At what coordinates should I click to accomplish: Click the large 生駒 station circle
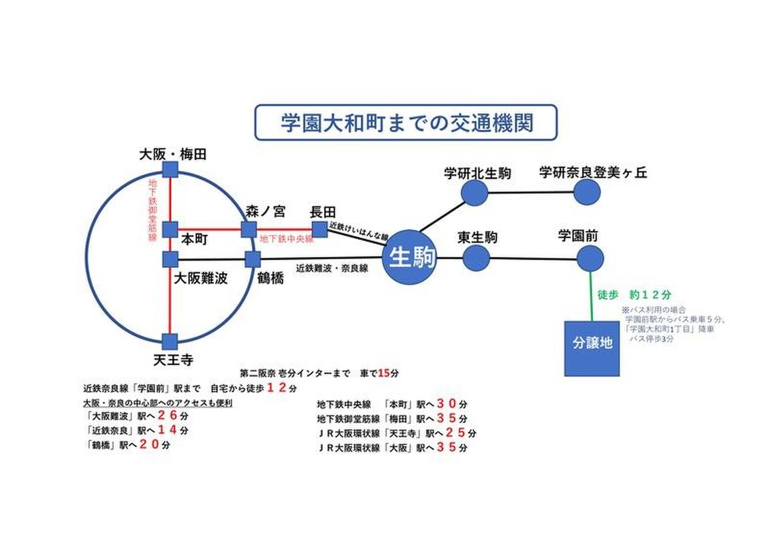coord(409,258)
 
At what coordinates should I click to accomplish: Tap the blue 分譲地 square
coord(592,347)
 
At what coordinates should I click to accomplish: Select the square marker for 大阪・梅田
coord(170,170)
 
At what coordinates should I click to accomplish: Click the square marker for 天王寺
coord(170,341)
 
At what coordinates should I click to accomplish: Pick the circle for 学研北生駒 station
coord(475,193)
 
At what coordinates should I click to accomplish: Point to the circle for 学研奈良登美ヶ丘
coord(586,192)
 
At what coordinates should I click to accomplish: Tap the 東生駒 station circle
coord(477,258)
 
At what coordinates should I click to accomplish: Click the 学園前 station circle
coord(590,259)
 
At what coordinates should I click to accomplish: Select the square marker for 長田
coord(319,229)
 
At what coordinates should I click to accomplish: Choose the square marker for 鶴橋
coord(253,259)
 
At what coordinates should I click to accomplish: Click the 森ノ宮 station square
coord(248,229)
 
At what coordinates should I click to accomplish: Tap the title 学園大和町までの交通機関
coord(406,123)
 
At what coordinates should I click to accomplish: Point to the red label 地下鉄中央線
coord(287,240)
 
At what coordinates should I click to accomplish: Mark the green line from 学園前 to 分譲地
coord(590,296)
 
